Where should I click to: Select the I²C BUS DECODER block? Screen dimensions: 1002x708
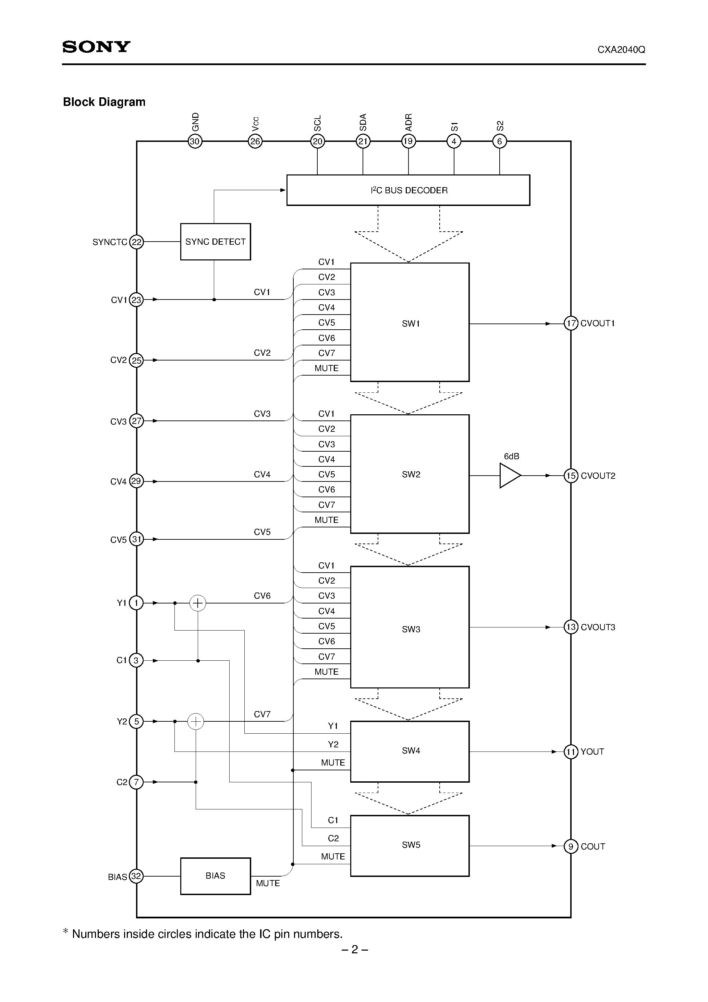pyautogui.click(x=408, y=190)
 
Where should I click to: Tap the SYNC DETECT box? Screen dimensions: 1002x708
pyautogui.click(x=215, y=242)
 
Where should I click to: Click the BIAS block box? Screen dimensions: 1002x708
pyautogui.click(x=215, y=876)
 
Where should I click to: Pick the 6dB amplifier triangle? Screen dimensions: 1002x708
pyautogui.click(x=509, y=476)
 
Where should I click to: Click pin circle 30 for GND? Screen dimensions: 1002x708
pyautogui.click(x=195, y=142)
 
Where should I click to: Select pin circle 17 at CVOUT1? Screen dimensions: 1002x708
pyautogui.click(x=571, y=323)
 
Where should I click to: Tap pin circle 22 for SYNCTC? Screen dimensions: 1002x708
pyautogui.click(x=137, y=242)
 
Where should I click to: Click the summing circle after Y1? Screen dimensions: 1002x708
pyautogui.click(x=198, y=603)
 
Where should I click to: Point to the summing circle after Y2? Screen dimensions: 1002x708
pyautogui.click(x=196, y=721)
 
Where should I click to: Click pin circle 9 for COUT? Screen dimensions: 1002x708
pyautogui.click(x=571, y=846)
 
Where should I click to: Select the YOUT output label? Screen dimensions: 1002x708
pyautogui.click(x=592, y=751)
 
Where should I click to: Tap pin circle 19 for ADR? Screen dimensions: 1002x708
pyautogui.click(x=408, y=142)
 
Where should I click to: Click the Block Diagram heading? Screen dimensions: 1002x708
pyautogui.click(x=104, y=102)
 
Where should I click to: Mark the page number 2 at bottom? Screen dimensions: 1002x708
pyautogui.click(x=354, y=949)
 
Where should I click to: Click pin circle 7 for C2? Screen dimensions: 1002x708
pyautogui.click(x=136, y=782)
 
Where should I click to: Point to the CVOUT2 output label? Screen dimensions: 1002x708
pyautogui.click(x=598, y=476)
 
